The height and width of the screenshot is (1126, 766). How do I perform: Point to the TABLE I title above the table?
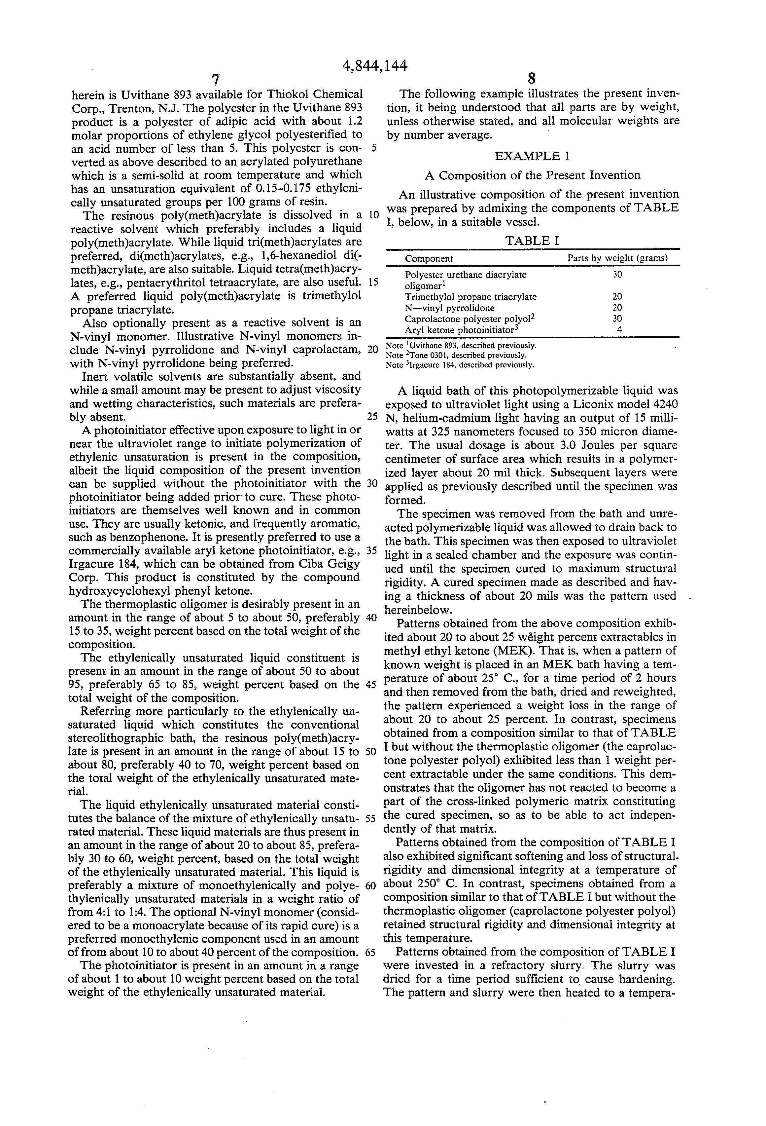533,241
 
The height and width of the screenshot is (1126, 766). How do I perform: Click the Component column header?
429,259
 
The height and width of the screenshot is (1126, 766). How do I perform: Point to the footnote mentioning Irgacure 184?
460,365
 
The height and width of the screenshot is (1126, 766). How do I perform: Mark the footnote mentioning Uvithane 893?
461,346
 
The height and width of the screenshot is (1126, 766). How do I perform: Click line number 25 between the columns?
372,416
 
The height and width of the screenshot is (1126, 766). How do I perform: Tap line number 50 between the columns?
371,751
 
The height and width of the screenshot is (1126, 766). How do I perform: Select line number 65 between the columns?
371,952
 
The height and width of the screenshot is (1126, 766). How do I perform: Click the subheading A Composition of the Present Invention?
532,175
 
